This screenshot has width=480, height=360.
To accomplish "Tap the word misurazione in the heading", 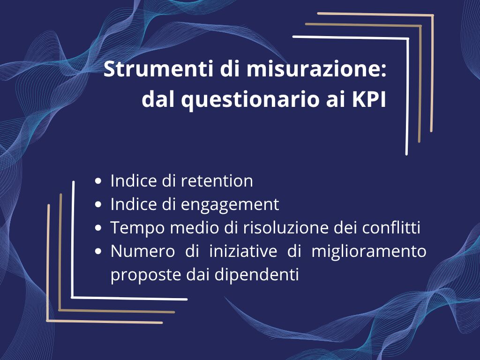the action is tap(316, 69).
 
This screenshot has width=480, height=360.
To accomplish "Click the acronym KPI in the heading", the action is tap(369, 99).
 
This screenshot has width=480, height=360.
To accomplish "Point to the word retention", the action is tap(217, 180).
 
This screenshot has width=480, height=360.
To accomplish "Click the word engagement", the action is tap(230, 205).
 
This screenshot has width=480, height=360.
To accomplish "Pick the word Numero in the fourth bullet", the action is tap(142, 251).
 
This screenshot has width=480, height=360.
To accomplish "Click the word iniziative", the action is tap(243, 251).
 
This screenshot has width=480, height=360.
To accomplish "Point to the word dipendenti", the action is tap(256, 275).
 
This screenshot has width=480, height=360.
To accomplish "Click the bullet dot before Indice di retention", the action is tap(98, 181).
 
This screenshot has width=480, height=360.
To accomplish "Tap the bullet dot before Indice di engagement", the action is tap(98, 204).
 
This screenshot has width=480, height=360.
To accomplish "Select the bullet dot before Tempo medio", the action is tap(98, 228).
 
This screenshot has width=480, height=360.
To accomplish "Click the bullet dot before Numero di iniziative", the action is tap(98, 251).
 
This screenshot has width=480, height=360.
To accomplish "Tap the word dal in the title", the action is tap(159, 99).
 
